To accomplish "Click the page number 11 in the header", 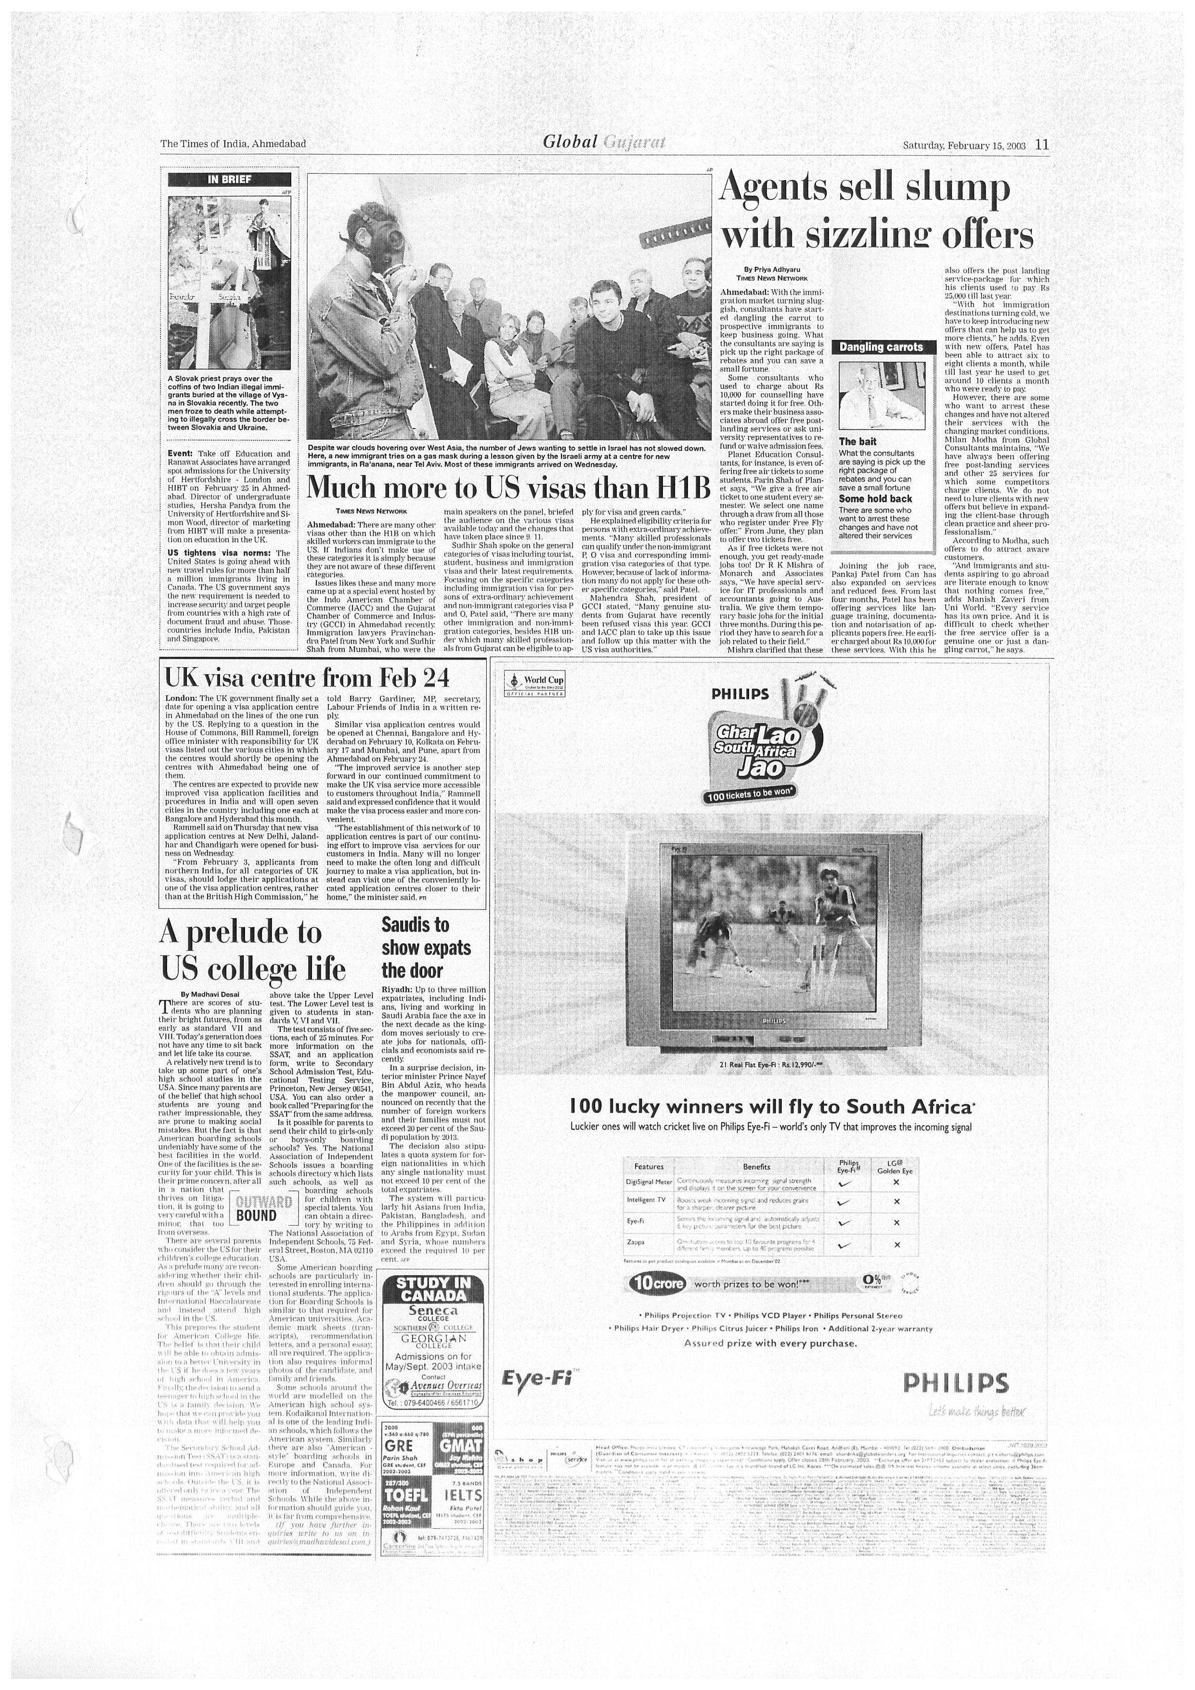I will [x=1042, y=145].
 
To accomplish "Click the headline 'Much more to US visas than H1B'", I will [x=508, y=488].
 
